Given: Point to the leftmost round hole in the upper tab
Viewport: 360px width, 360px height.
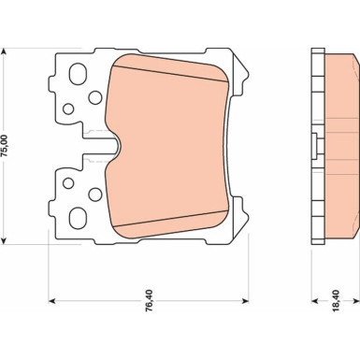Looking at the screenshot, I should pyautogui.click(x=67, y=108).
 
